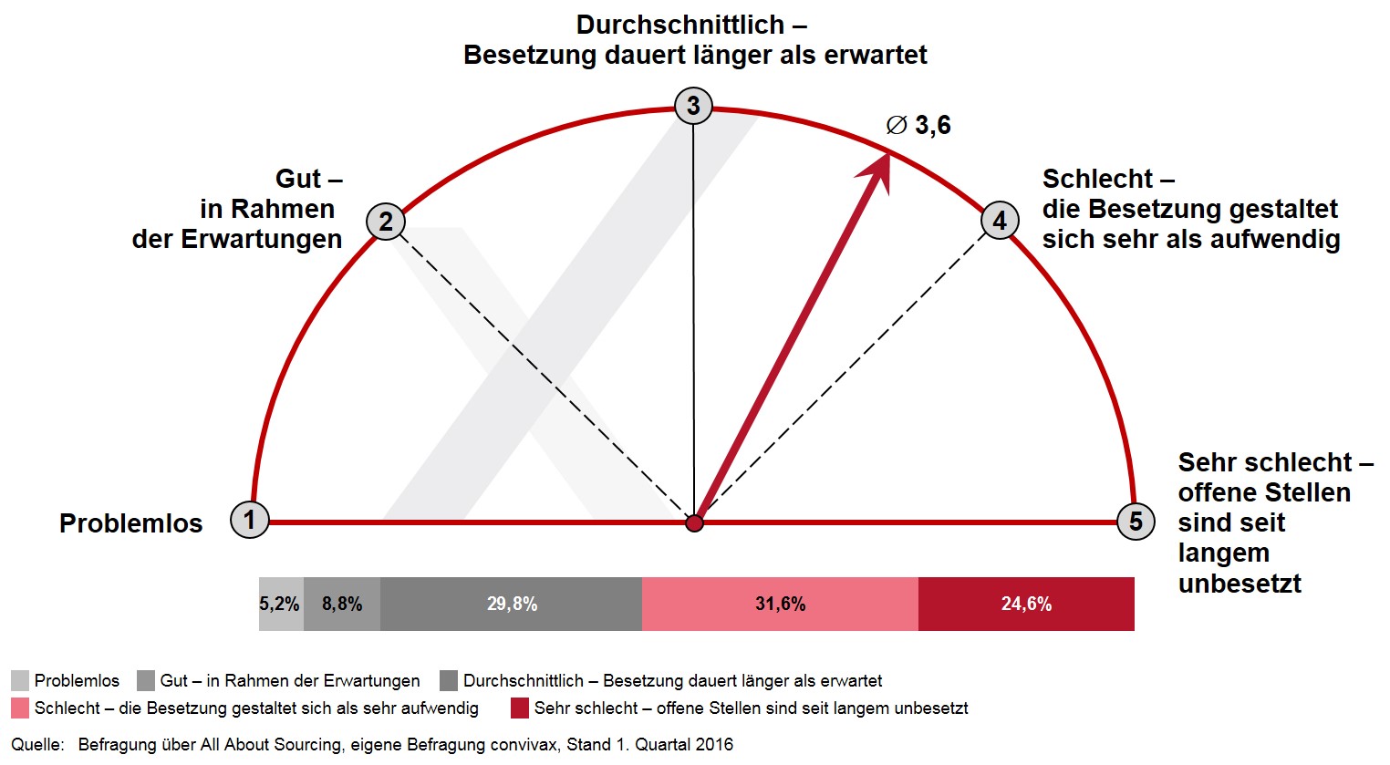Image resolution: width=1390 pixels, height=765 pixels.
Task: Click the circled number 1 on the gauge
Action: pos(249,520)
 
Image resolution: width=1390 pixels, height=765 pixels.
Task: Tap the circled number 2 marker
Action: pos(386,222)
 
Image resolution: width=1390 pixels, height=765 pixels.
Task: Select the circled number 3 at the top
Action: pos(693,106)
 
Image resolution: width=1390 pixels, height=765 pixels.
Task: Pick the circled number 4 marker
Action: pos(1000,221)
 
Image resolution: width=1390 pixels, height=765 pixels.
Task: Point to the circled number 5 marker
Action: pos(1136,522)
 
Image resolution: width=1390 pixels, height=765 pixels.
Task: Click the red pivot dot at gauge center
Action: pos(694,522)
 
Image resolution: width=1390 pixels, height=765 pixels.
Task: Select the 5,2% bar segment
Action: pos(280,604)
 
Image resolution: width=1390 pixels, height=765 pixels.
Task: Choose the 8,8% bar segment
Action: pos(342,604)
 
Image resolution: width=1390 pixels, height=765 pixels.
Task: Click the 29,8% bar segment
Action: pos(512,604)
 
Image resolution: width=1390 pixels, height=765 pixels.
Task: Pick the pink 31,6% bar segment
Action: pos(780,604)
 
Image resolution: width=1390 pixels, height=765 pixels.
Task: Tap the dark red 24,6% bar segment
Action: pos(1026,604)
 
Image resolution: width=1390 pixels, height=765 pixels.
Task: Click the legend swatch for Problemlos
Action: pos(20,681)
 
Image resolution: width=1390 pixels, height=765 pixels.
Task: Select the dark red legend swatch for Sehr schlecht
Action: pos(520,708)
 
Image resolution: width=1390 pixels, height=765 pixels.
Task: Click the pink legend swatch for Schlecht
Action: pos(20,708)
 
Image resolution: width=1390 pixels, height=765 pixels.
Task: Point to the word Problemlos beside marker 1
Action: pos(130,523)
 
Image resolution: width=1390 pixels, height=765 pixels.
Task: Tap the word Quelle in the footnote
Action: pos(37,745)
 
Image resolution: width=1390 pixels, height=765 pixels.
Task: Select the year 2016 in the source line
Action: pos(714,745)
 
